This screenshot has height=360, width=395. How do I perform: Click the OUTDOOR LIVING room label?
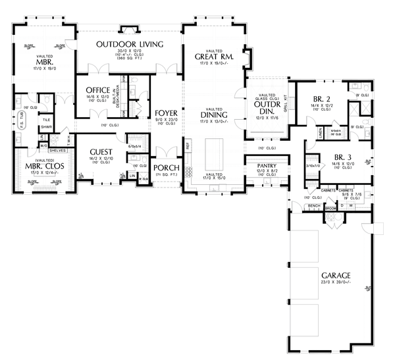pyautogui.click(x=129, y=44)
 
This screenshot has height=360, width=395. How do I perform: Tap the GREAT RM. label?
pyautogui.click(x=214, y=57)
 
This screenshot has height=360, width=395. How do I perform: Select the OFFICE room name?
pyautogui.click(x=97, y=90)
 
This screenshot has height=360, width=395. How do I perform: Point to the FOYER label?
pyautogui.click(x=167, y=113)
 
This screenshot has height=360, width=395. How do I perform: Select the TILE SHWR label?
pyautogui.click(x=47, y=124)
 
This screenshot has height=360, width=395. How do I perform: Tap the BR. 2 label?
pyautogui.click(x=323, y=99)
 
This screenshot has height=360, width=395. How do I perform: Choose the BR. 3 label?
pyautogui.click(x=332, y=157)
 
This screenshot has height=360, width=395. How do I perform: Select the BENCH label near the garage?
pyautogui.click(x=314, y=206)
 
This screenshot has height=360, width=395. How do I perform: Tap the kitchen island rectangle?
pyautogui.click(x=215, y=154)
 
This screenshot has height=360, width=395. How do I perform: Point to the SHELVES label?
pyautogui.click(x=57, y=149)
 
